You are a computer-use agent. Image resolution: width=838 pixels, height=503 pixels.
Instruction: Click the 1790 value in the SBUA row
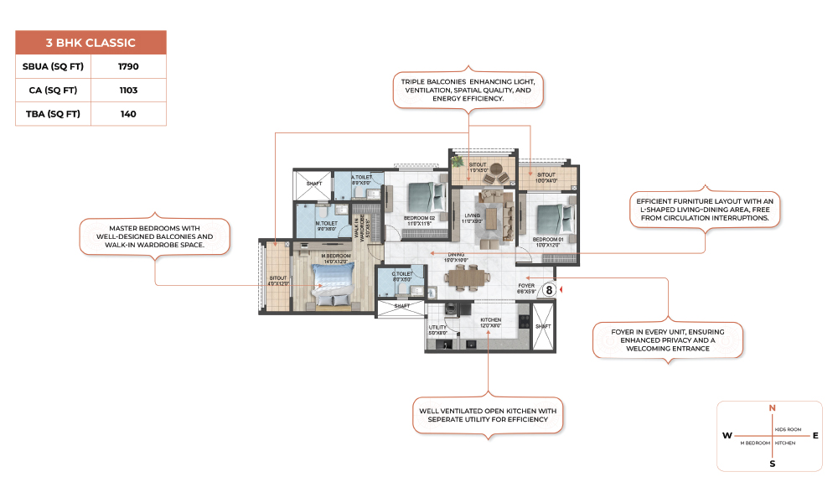128,65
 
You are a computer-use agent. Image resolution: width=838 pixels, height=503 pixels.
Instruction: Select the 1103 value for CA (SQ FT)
128,90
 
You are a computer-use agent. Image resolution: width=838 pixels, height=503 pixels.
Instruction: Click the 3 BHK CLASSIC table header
91,43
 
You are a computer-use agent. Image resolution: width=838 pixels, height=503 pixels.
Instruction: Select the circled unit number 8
549,289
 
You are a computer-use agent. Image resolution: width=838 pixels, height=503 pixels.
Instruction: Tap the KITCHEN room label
490,319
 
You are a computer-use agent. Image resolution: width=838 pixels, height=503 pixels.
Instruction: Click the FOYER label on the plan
526,285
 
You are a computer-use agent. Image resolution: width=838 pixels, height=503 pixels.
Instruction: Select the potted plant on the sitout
458,159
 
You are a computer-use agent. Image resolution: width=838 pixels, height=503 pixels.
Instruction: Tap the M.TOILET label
326,223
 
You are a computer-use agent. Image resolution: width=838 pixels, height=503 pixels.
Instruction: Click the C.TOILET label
402,273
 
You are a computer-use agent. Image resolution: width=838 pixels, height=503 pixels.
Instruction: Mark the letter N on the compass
772,408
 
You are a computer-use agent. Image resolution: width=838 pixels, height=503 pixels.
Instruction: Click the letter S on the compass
772,463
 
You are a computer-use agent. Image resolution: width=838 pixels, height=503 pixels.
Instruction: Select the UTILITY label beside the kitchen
437,328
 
